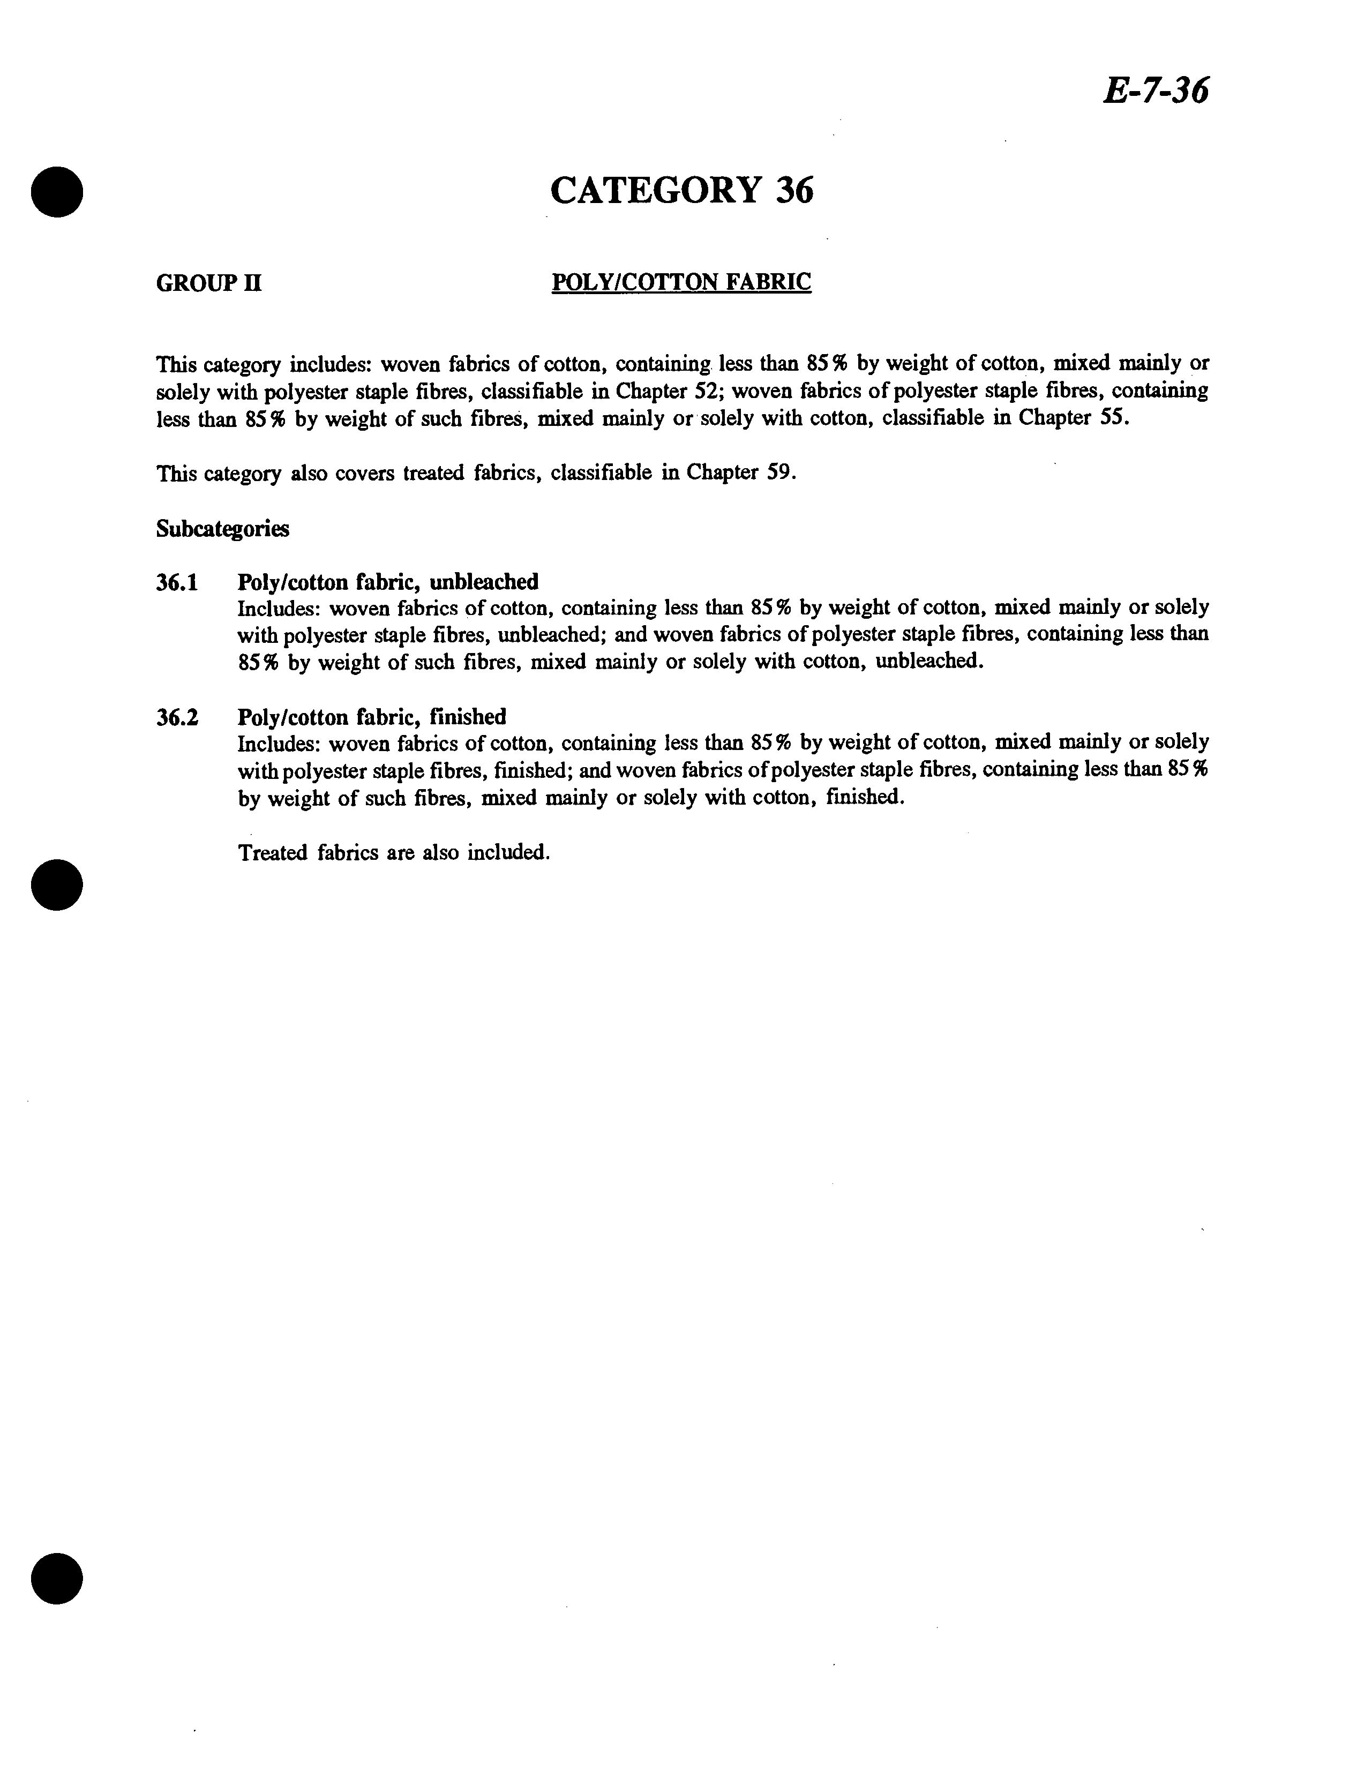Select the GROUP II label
tap(208, 283)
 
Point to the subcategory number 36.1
tap(177, 582)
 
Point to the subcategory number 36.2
tap(177, 717)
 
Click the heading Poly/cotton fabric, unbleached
tap(388, 582)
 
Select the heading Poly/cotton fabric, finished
tap(372, 717)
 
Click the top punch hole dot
tap(57, 191)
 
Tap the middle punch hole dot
tap(57, 885)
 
